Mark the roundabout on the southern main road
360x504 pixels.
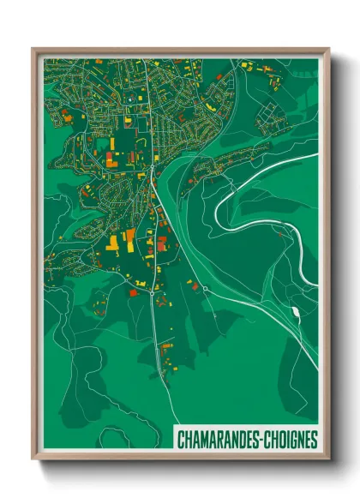click(152, 293)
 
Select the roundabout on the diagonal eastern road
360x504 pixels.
click(205, 288)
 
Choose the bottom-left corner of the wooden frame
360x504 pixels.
click(33, 459)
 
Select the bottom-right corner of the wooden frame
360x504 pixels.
click(328, 459)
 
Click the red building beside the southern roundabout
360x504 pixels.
click(133, 292)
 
